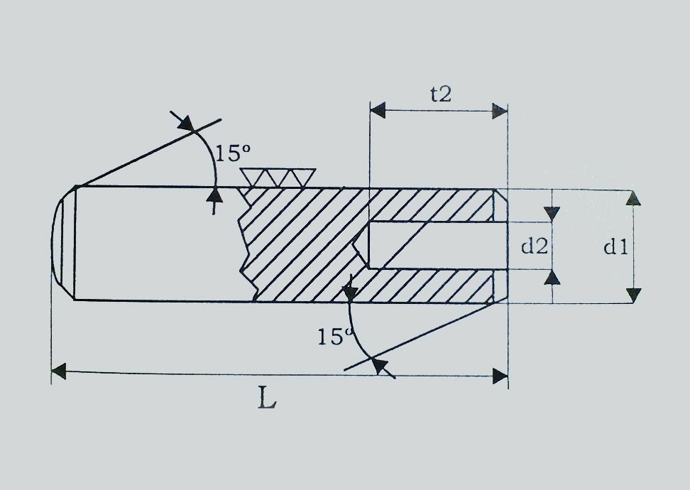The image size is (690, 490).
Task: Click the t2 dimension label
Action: coord(441,94)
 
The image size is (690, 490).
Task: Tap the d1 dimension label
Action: coord(615,247)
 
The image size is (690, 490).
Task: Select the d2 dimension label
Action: coord(535,246)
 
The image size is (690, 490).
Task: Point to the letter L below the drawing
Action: coord(267,398)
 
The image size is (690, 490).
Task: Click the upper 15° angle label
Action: coord(233,153)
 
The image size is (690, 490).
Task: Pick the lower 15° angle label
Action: coord(335,337)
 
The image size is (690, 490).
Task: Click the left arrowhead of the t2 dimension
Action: coord(378,111)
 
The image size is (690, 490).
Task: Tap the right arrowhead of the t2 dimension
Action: coord(500,111)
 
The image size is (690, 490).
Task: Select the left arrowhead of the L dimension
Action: coord(59,371)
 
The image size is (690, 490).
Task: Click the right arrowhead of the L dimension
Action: coord(500,376)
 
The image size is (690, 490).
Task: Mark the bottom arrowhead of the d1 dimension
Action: coord(633,295)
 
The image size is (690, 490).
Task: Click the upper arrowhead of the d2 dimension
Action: coord(552,214)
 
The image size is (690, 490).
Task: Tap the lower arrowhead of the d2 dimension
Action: coord(552,277)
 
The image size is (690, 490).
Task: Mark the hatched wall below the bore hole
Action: coord(422,285)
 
